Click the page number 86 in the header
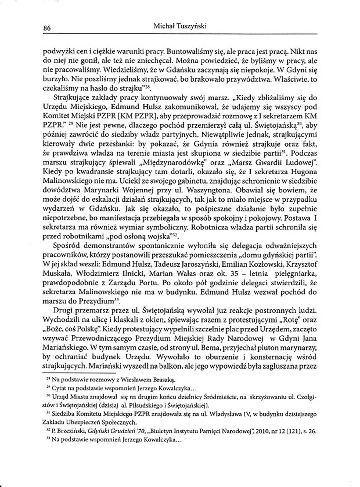(47, 27)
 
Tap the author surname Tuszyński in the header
(190, 26)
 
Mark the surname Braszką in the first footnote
(163, 380)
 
